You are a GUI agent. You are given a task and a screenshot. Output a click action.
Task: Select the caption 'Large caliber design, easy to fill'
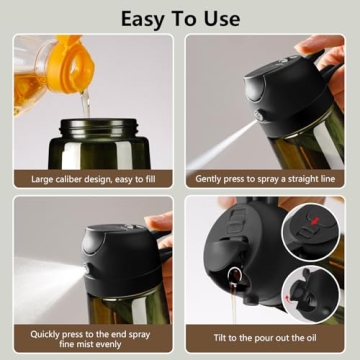(94, 180)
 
